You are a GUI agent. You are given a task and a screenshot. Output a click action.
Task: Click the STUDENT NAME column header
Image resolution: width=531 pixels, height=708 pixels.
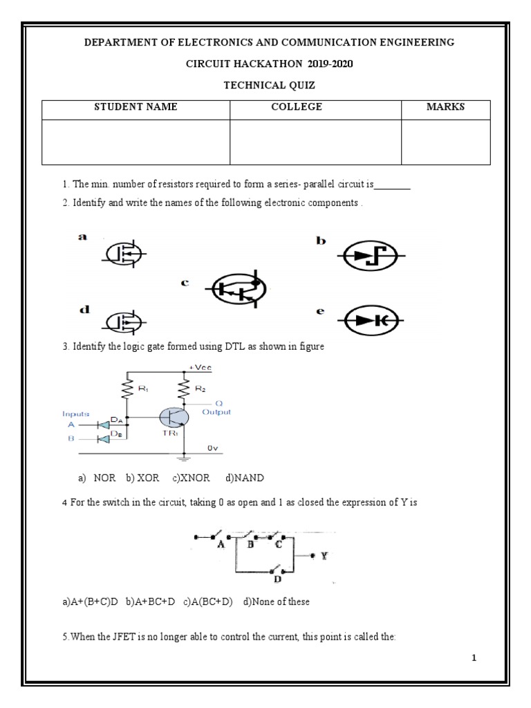(136, 107)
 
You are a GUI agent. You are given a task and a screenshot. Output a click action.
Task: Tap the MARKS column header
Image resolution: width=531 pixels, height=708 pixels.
(446, 107)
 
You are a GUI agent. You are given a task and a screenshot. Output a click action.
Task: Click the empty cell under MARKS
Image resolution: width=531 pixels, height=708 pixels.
(446, 142)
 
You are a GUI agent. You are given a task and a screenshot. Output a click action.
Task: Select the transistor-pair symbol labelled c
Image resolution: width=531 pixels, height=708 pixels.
(237, 290)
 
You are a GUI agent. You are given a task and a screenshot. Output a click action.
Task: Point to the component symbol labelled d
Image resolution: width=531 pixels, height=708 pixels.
(124, 321)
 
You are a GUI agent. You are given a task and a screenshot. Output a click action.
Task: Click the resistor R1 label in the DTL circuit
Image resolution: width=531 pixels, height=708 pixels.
(142, 389)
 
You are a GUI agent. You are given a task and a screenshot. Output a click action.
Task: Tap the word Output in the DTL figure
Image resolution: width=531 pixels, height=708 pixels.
(216, 412)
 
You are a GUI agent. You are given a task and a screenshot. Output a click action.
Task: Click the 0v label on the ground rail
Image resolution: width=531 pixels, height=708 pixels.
(213, 448)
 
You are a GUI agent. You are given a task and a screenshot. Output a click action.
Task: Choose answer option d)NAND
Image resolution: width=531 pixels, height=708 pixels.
(245, 478)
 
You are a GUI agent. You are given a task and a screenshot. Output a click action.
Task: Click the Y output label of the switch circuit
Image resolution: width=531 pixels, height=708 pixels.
(324, 555)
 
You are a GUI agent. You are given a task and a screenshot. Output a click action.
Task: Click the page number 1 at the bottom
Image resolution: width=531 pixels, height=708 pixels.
(474, 658)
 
